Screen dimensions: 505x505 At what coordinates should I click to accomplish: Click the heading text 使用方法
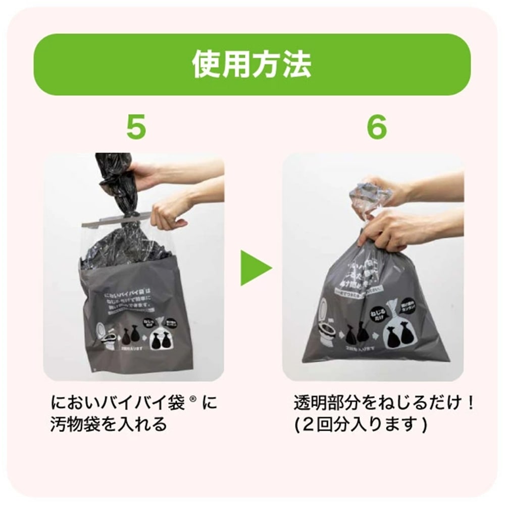click(252, 65)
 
